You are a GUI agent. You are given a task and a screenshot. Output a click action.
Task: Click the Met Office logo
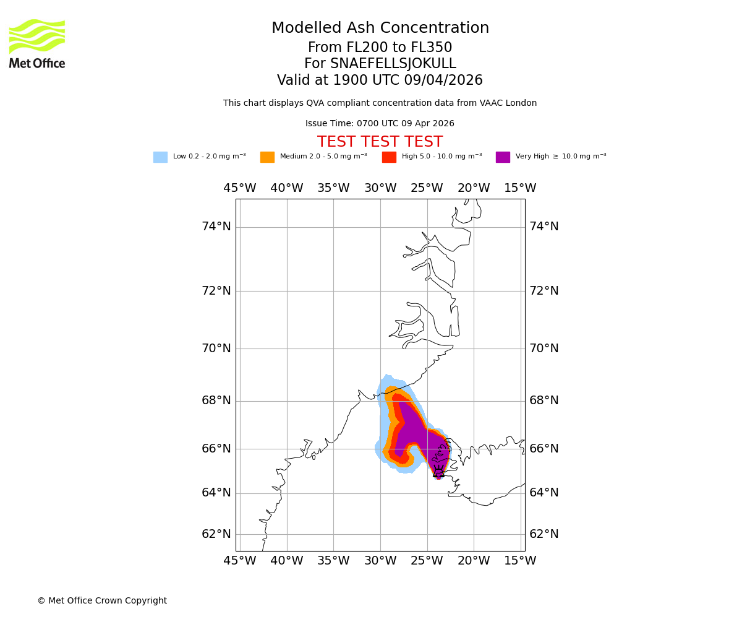37,43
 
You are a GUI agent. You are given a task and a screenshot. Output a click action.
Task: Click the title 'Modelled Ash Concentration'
380,28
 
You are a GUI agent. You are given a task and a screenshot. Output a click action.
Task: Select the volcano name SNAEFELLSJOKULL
393,64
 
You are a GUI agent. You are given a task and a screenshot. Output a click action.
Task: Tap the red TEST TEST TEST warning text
380,142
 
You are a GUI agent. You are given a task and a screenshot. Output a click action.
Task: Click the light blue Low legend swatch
160,157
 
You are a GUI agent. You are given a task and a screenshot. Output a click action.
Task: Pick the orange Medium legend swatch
267,157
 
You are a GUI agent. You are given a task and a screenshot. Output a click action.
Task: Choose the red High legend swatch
389,157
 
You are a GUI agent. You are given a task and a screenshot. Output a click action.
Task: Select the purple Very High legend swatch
503,157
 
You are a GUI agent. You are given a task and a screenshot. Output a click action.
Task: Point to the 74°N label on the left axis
216,227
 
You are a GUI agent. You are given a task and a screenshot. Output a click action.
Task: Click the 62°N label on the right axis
544,534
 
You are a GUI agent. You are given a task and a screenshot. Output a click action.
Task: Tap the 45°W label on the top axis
240,188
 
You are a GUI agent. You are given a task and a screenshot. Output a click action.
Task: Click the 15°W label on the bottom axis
520,561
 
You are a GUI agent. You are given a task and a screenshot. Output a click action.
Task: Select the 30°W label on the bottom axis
380,561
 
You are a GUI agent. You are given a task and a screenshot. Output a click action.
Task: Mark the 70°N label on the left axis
216,348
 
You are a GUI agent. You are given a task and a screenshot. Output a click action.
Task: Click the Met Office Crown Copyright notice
102,601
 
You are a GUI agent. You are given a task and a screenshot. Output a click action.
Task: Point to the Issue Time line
380,124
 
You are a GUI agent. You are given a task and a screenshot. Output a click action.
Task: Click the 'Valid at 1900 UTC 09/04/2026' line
380,80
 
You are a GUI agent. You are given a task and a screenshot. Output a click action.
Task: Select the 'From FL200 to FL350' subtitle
380,48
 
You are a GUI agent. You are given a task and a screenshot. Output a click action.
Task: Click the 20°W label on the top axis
474,188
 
